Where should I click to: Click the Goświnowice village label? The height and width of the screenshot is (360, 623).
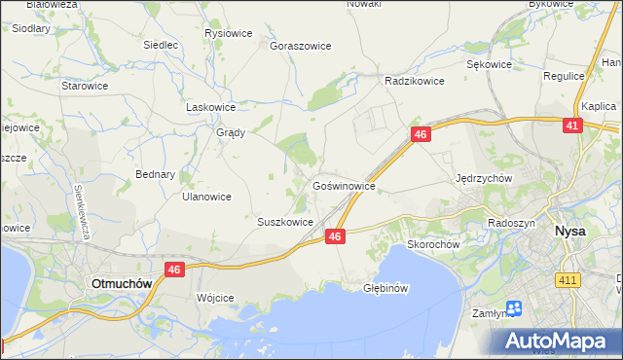[x=344, y=184]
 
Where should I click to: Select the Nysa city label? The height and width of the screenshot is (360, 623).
[x=568, y=232]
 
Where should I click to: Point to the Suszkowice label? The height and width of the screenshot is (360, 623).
[x=284, y=222]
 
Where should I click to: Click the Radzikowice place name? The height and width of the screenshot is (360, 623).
[x=415, y=82]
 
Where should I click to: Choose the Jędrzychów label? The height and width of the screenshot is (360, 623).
[x=484, y=179]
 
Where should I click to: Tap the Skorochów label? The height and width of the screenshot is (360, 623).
[x=432, y=245]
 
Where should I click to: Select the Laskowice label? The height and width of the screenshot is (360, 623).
[x=211, y=108]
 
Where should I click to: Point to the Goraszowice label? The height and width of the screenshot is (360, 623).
[x=301, y=46]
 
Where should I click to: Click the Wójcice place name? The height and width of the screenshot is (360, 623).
[x=215, y=297]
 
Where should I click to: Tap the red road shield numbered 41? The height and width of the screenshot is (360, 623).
[x=572, y=126]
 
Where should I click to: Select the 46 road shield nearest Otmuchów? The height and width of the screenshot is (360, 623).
[x=175, y=270]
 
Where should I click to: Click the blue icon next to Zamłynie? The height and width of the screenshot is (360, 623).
[x=514, y=308]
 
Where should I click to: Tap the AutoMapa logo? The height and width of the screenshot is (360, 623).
[x=559, y=341]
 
